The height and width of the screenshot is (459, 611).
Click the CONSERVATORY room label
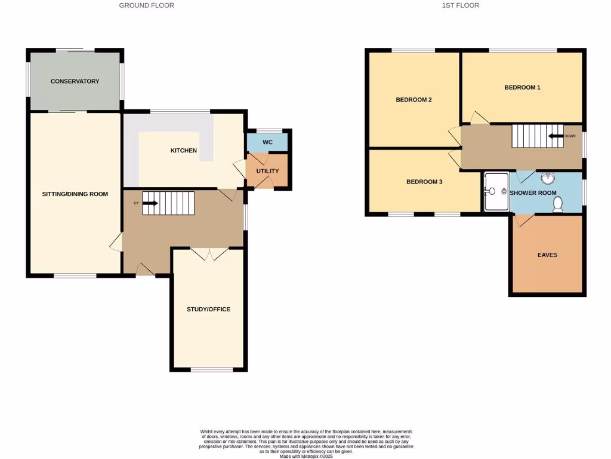(x=75, y=81)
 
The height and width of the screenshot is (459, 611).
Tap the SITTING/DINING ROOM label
(x=75, y=194)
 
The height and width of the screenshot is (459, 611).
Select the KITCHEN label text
(x=183, y=151)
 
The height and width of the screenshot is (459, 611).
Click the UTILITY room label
(x=267, y=171)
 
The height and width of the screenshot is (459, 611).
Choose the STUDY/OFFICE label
(x=208, y=309)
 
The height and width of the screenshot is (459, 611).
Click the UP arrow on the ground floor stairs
(x=150, y=203)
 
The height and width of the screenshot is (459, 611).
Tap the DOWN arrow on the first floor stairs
(x=557, y=136)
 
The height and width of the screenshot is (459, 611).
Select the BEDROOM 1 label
(x=522, y=87)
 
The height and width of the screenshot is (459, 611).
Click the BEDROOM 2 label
(x=413, y=100)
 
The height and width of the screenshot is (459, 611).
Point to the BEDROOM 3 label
(x=424, y=182)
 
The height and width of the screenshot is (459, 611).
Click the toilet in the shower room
(x=558, y=204)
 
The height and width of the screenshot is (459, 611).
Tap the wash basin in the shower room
(x=548, y=178)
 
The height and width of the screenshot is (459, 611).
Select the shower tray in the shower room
(x=495, y=192)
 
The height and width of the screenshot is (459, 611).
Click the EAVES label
(x=547, y=255)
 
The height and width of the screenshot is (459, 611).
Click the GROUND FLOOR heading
(x=147, y=5)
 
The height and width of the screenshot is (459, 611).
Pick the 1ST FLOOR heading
(x=460, y=5)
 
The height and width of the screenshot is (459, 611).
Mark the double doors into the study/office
(x=208, y=253)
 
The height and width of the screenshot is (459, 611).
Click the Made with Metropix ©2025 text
(x=305, y=456)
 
